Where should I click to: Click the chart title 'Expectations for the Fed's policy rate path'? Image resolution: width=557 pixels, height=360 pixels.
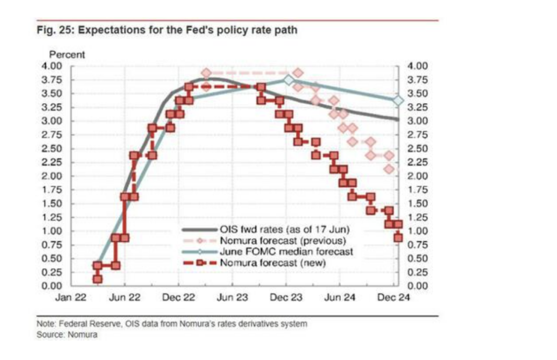click(x=187, y=30)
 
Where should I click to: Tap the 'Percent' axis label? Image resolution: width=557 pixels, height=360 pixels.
click(x=67, y=55)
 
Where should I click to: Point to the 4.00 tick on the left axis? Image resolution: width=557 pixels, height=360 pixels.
click(x=52, y=66)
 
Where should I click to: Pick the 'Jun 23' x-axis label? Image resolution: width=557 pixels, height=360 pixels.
click(x=232, y=298)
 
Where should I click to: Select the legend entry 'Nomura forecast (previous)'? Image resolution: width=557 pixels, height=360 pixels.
click(x=283, y=241)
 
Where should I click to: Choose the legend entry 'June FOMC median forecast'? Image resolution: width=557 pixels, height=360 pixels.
click(x=286, y=251)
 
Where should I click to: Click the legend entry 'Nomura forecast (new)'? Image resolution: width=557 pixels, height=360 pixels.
click(x=273, y=262)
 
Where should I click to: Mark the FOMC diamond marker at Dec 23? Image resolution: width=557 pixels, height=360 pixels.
click(x=288, y=80)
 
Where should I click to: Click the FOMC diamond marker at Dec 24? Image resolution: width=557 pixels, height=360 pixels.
click(x=398, y=100)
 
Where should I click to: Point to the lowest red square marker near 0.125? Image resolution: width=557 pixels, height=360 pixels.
click(x=98, y=279)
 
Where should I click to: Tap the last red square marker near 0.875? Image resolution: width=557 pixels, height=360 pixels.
click(x=398, y=237)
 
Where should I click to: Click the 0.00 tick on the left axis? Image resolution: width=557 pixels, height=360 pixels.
click(x=52, y=286)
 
